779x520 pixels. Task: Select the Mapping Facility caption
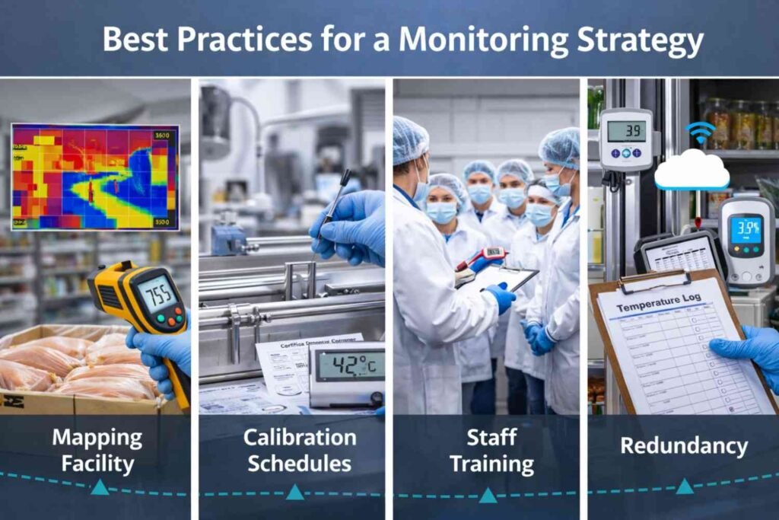pyautogui.click(x=97, y=450)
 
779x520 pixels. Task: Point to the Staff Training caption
pyautogui.click(x=490, y=450)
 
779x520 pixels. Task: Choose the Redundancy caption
pyautogui.click(x=683, y=446)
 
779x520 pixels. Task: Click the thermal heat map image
pyautogui.click(x=95, y=177)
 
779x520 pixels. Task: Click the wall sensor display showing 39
pyautogui.click(x=626, y=131)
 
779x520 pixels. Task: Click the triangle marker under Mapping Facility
pyautogui.click(x=100, y=487)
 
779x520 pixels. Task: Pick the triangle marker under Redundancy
pyautogui.click(x=685, y=487)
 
